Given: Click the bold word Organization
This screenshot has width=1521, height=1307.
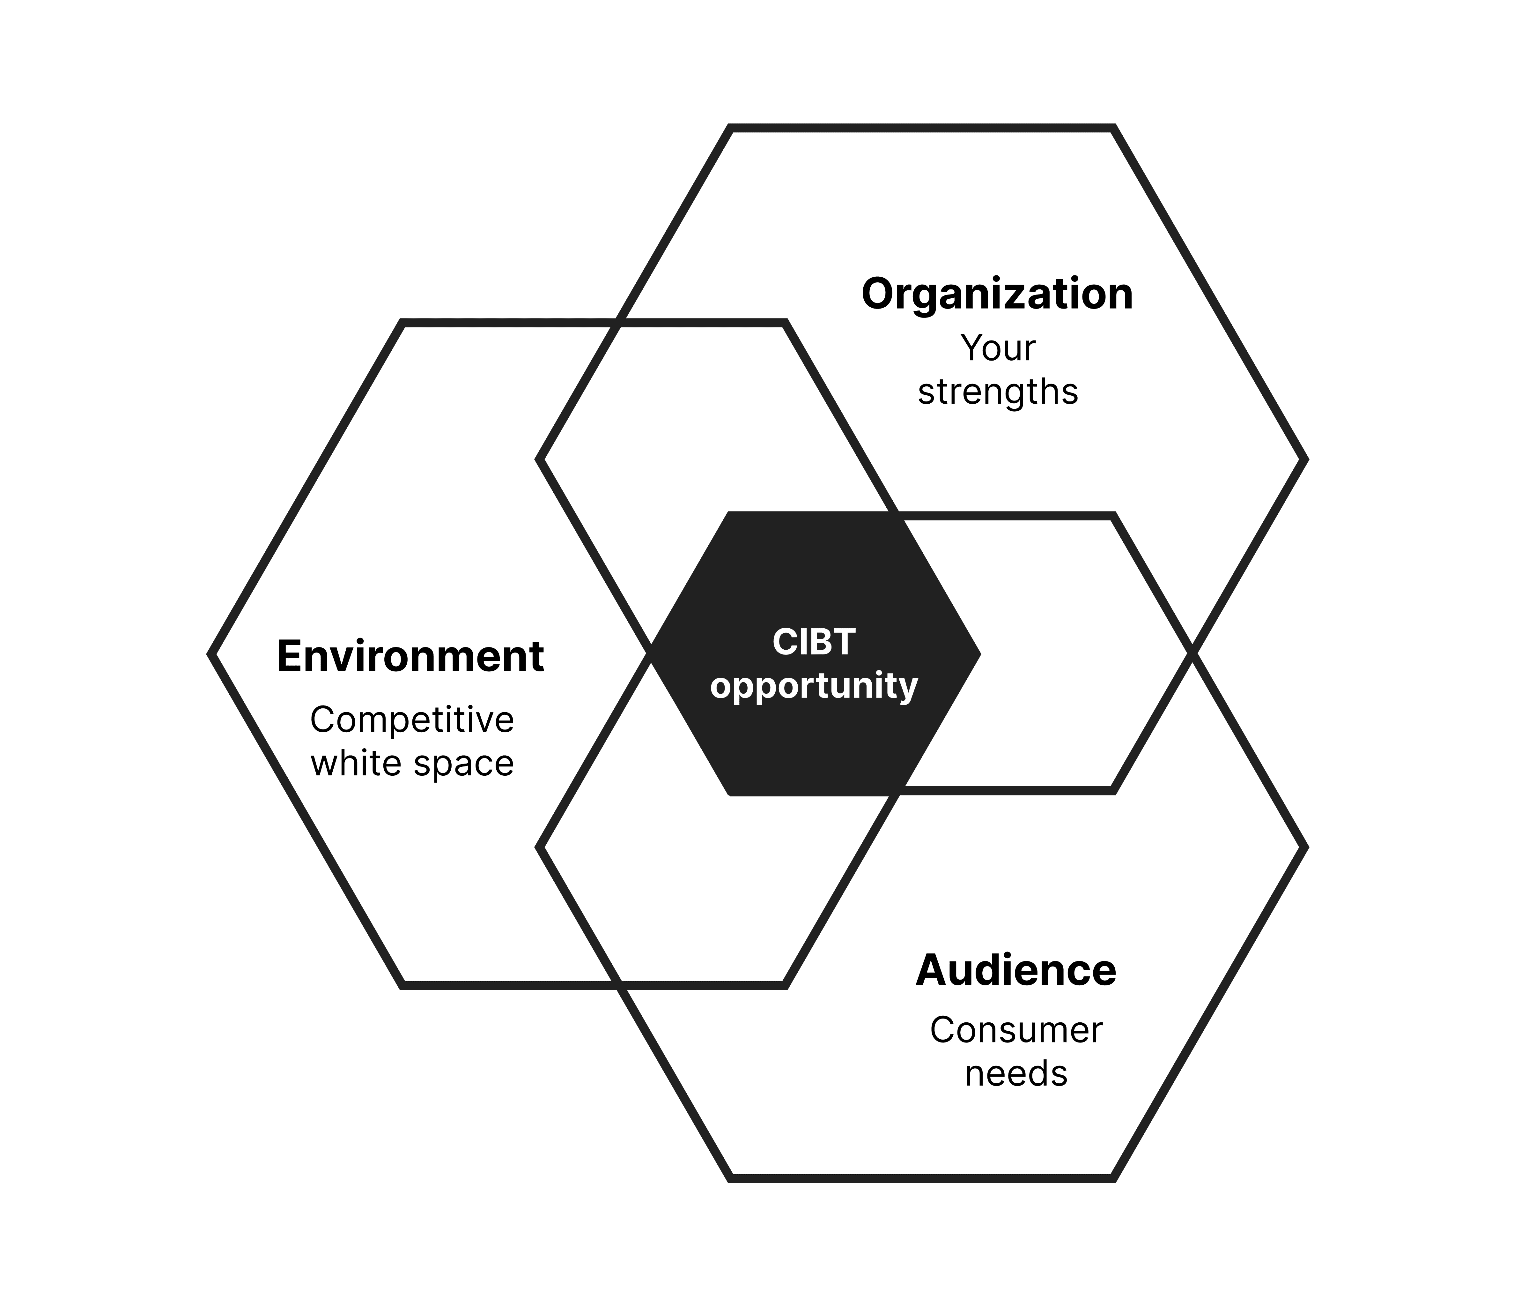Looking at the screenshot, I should click(997, 295).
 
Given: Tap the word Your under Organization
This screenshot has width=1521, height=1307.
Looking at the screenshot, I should click(998, 349).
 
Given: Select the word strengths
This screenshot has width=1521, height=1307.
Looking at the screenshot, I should click(998, 392).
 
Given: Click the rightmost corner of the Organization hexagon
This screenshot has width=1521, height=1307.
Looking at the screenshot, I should click(1304, 460).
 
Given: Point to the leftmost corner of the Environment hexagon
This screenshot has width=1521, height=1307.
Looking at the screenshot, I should click(211, 653).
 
